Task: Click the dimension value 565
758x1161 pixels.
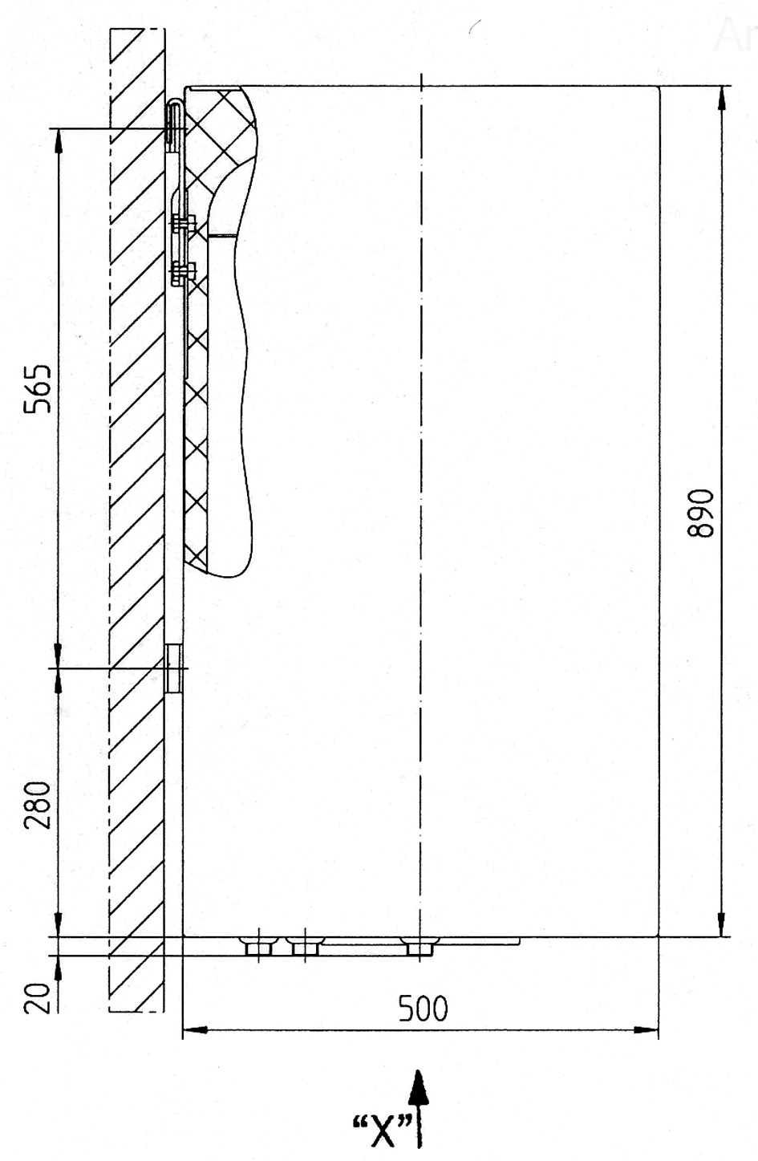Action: click(x=39, y=388)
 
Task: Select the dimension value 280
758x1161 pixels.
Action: click(x=39, y=805)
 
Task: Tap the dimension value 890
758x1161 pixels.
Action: click(x=700, y=514)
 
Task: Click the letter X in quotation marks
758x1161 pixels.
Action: click(x=383, y=1131)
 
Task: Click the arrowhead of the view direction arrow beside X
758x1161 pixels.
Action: click(x=419, y=1090)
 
